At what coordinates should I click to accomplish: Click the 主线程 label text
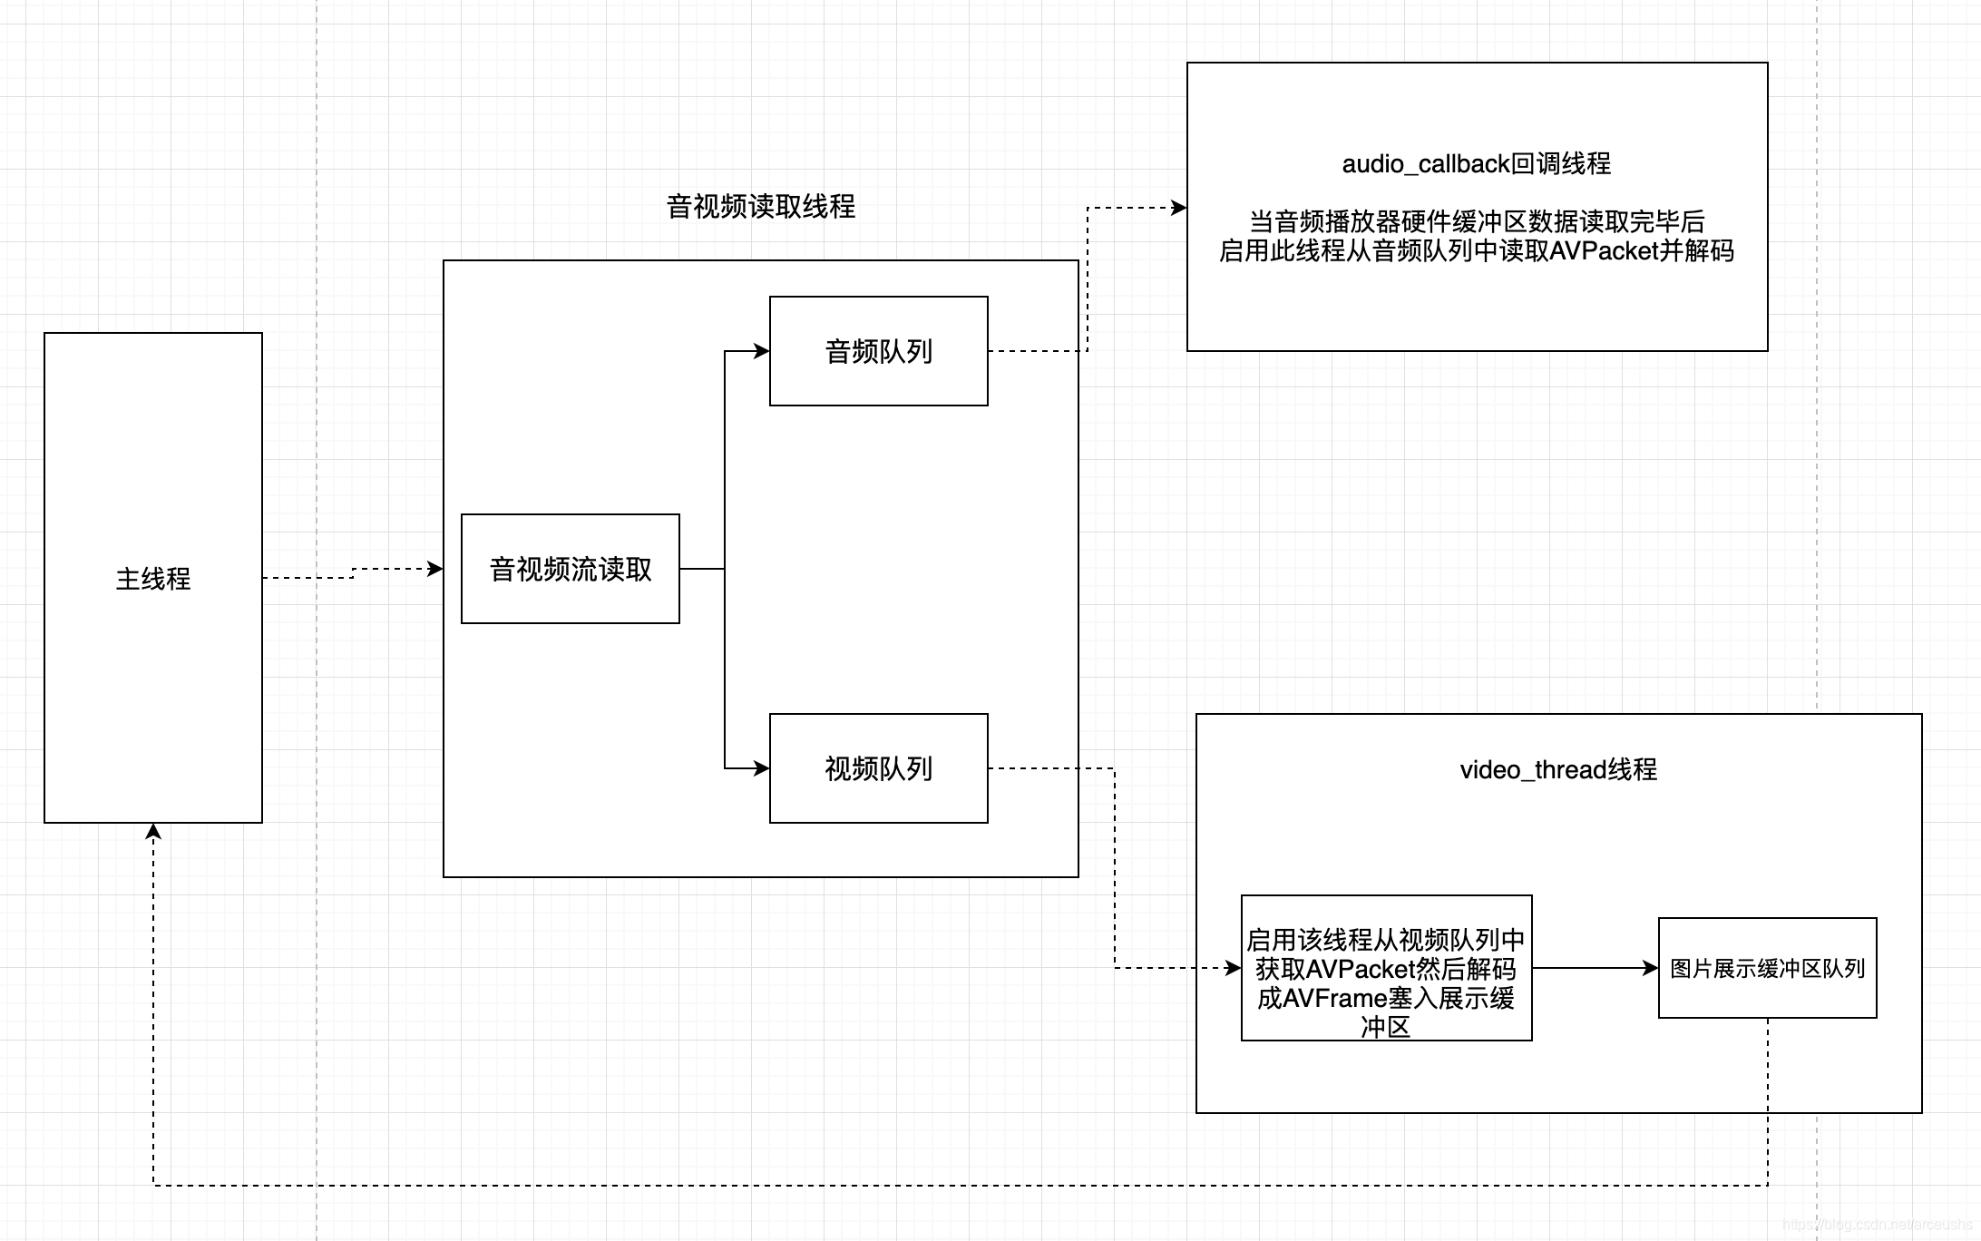coord(152,579)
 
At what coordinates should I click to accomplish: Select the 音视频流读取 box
coord(570,569)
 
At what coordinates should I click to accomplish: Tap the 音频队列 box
coord(878,351)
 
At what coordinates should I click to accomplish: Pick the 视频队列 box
coord(878,768)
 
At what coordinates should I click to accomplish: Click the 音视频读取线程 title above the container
coord(760,207)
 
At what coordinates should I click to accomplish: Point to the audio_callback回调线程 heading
coord(1476,164)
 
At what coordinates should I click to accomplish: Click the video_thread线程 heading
coord(1557,770)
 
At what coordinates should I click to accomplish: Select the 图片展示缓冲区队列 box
coord(1767,968)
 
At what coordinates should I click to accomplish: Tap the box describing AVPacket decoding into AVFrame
coord(1385,968)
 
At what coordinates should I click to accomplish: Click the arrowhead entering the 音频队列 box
coord(762,351)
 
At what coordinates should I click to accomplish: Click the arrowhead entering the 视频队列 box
coord(762,768)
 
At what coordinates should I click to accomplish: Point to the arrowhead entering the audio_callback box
coord(1179,208)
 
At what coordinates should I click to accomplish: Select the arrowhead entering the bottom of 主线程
coord(153,831)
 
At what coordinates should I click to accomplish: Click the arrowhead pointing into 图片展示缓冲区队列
coord(1651,968)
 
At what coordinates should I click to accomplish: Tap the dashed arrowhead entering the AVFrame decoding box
coord(1234,968)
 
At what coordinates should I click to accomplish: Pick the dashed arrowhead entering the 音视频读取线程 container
coord(435,569)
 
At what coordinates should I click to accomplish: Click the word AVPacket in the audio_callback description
coord(1604,251)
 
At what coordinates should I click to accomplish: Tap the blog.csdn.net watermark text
coord(1878,1225)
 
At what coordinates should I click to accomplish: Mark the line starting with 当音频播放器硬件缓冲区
coord(1476,221)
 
